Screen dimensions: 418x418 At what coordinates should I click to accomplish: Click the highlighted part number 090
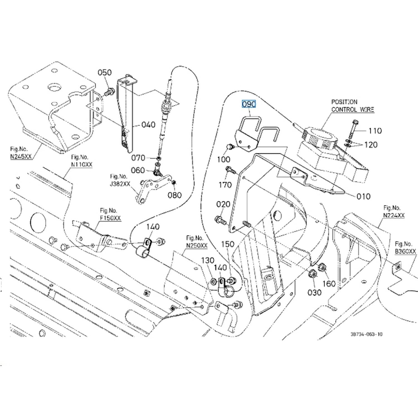(x=249, y=104)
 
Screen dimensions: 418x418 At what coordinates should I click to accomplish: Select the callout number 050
(x=104, y=72)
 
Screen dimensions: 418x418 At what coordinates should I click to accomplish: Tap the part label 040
(x=148, y=125)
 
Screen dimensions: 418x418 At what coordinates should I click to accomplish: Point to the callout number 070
(x=138, y=158)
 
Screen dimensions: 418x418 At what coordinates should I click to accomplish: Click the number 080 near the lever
(x=174, y=195)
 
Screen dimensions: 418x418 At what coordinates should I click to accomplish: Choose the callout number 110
(x=375, y=131)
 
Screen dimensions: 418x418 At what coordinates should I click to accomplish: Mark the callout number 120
(x=371, y=145)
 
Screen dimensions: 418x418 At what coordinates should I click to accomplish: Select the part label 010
(x=364, y=196)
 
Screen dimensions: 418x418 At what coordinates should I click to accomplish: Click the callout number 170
(x=225, y=185)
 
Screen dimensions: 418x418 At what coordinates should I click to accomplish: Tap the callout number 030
(x=314, y=292)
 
